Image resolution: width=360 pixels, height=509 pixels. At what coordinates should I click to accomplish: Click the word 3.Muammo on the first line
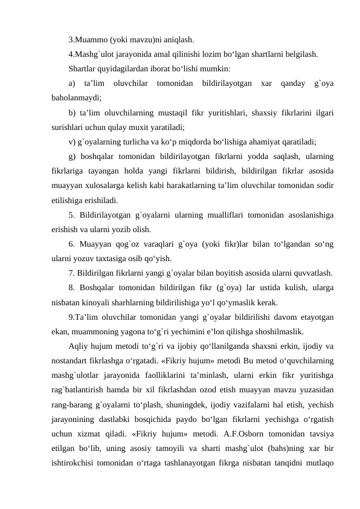coord(88,41)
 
